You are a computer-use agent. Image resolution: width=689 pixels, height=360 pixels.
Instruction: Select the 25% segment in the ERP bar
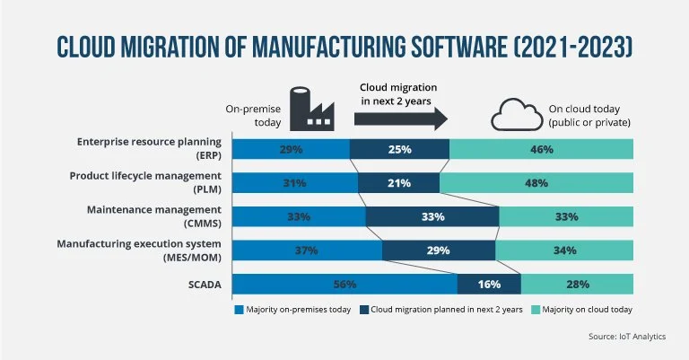tap(399, 149)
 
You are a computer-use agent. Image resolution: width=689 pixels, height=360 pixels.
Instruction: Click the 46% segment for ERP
tap(541, 149)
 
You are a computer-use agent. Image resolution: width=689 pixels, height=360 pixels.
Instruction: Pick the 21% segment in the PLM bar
tap(399, 183)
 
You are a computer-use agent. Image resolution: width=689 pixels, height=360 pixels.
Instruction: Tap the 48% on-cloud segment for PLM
tap(536, 183)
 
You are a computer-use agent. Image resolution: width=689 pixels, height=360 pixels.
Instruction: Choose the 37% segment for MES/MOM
tap(308, 250)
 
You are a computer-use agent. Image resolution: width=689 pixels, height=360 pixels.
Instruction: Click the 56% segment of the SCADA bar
tap(345, 285)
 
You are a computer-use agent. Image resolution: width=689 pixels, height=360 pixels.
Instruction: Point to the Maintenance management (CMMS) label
tap(157, 216)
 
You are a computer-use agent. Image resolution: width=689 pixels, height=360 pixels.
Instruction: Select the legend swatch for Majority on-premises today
tap(240, 310)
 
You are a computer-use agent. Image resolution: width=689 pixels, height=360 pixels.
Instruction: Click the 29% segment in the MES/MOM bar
tap(439, 250)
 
